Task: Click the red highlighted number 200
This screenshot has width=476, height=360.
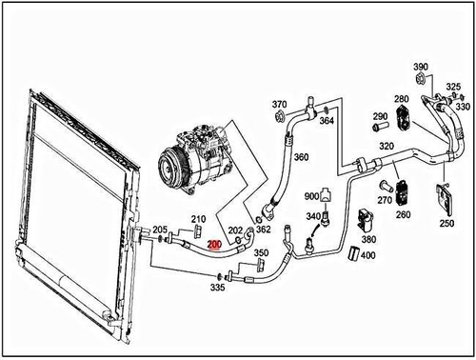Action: point(214,245)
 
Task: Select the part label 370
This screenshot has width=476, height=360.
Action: point(279,104)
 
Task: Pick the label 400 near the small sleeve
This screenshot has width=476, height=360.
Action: point(368,254)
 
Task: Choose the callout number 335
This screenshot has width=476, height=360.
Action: point(218,287)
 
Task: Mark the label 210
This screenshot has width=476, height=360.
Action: point(198,219)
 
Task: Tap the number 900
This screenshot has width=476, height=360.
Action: point(311,195)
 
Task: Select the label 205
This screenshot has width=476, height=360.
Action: point(160,230)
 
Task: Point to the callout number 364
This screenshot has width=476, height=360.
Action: point(327,121)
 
